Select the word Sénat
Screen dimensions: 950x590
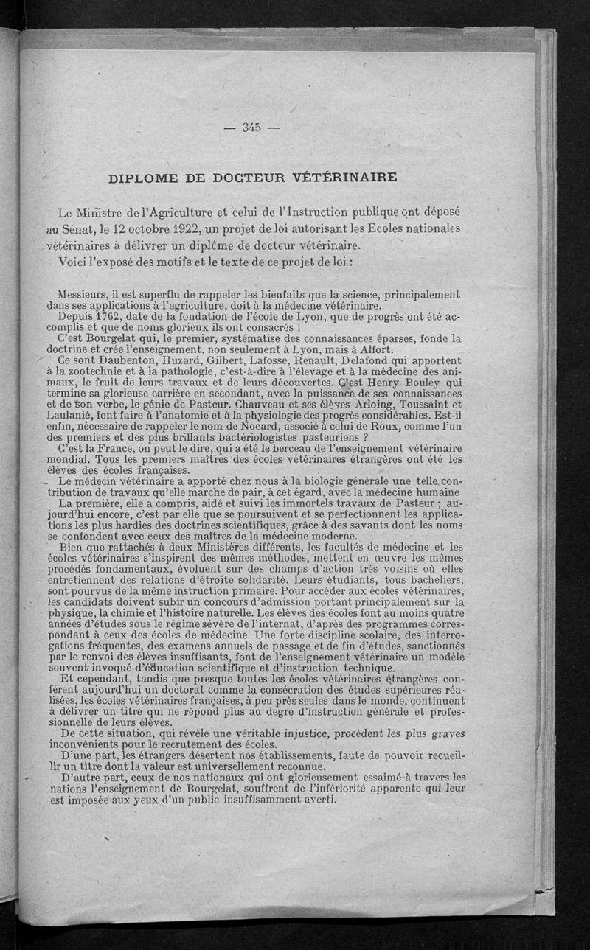click(89, 228)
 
